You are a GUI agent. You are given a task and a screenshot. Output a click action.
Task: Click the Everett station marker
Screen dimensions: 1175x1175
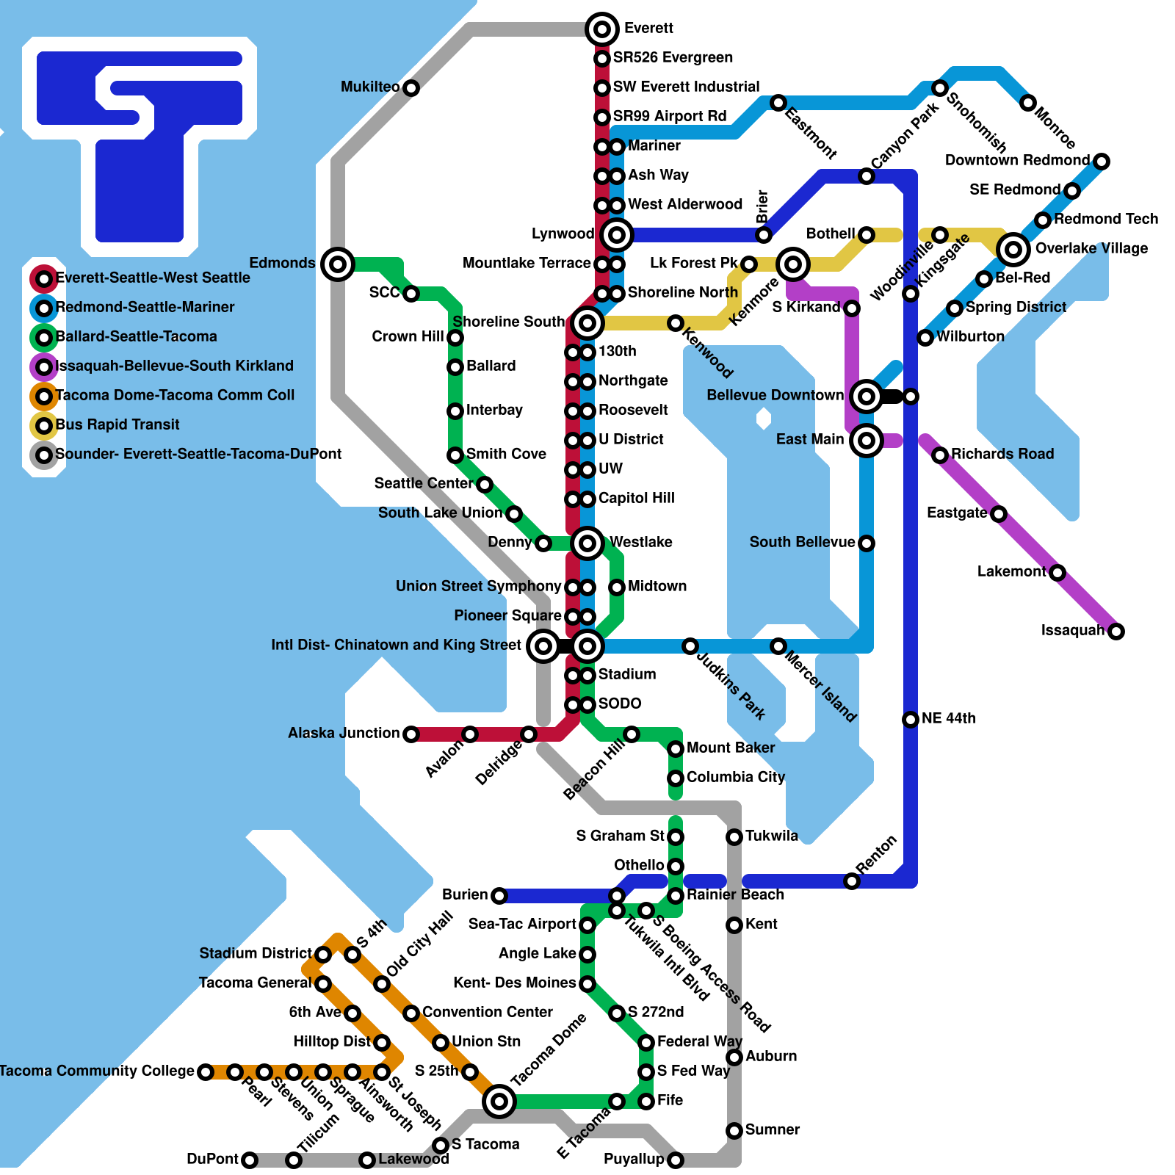[x=602, y=29]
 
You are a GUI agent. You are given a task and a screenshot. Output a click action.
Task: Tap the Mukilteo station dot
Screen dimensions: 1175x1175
[x=411, y=88]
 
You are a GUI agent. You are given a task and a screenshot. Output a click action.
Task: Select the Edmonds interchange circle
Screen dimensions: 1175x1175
[x=338, y=264]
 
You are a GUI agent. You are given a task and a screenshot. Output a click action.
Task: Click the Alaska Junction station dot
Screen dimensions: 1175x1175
[x=411, y=734]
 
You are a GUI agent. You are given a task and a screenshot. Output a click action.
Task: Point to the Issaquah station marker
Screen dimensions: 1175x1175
[x=1116, y=632]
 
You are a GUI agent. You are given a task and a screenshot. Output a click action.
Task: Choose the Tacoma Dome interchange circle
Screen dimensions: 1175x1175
[x=499, y=1101]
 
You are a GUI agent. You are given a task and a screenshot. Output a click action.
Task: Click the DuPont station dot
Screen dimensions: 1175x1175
[x=250, y=1160]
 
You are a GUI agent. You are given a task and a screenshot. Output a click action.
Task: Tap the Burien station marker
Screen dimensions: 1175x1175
[x=499, y=896]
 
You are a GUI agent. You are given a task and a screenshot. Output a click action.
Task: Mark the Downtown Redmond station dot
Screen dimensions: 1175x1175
[x=1102, y=162]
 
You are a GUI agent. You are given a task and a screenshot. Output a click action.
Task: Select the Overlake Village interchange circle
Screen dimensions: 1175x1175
[x=1013, y=250]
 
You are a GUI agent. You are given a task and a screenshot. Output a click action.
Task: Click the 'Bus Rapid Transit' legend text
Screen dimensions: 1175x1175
[x=117, y=424]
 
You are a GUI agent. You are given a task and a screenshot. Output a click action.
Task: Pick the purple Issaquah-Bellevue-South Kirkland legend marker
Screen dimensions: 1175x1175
[x=44, y=366]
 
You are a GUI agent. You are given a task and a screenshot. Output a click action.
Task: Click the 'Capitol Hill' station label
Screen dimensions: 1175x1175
[x=636, y=498]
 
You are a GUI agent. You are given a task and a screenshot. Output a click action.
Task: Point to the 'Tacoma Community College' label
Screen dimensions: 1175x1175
[x=97, y=1071]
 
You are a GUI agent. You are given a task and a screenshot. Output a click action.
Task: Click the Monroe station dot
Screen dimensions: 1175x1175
[x=1028, y=103]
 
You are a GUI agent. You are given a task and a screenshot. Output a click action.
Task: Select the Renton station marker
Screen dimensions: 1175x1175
[x=852, y=881]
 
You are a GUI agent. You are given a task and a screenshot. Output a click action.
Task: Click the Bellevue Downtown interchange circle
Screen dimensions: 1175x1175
[x=867, y=397]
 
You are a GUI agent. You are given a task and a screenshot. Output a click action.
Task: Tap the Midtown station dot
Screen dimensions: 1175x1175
[x=617, y=587]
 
